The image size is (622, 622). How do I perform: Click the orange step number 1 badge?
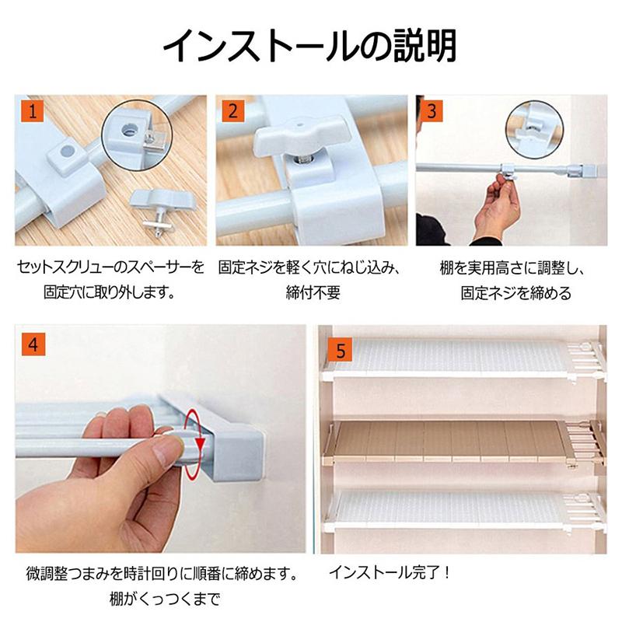32,110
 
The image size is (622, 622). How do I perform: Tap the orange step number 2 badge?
232,110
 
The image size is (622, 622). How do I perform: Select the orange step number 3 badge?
432,110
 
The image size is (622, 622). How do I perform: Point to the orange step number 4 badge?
33,344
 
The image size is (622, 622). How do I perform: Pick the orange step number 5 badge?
341,350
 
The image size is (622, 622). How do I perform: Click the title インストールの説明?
309,47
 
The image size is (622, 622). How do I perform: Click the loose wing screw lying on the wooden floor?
162,211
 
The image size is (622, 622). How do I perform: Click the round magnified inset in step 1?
136,135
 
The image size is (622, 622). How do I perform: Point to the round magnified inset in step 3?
535,129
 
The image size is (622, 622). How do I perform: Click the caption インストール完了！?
390,572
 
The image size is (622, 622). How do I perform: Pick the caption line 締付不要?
313,292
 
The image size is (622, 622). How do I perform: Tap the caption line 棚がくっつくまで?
165,599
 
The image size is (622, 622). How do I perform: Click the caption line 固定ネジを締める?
515,293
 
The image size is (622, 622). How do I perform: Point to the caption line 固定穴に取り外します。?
110,292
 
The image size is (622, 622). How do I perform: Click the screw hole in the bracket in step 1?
68,151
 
